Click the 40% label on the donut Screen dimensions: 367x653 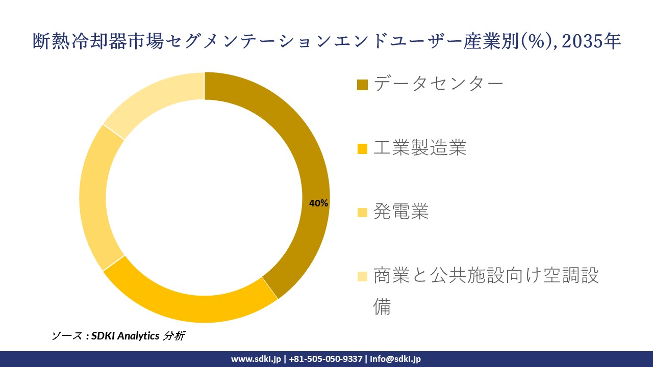coord(318,203)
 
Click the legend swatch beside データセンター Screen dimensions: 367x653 coord(362,85)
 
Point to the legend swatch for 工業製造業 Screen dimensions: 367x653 coord(362,149)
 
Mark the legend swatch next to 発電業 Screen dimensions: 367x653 coord(362,212)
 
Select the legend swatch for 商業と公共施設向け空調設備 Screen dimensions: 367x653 coord(362,276)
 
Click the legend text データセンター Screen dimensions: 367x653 coord(438,84)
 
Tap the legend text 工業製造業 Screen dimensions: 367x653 coord(419,148)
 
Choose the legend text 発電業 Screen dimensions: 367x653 coord(400,211)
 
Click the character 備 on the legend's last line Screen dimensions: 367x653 coord(382,307)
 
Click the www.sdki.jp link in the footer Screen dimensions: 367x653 coord(256,359)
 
